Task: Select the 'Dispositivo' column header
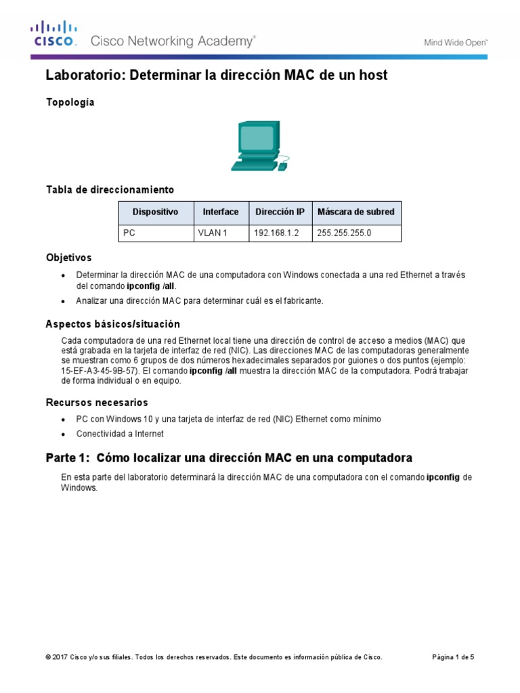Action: coord(156,212)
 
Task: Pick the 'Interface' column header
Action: coord(221,212)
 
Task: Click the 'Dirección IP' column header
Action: coord(280,212)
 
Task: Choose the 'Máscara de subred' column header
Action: coord(355,212)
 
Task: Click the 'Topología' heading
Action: coord(70,102)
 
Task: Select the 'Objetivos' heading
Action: coord(68,258)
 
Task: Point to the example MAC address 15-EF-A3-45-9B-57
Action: coord(100,372)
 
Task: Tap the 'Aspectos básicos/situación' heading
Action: coord(112,324)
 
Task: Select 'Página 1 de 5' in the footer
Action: coord(453,657)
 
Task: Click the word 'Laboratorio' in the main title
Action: coord(85,75)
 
